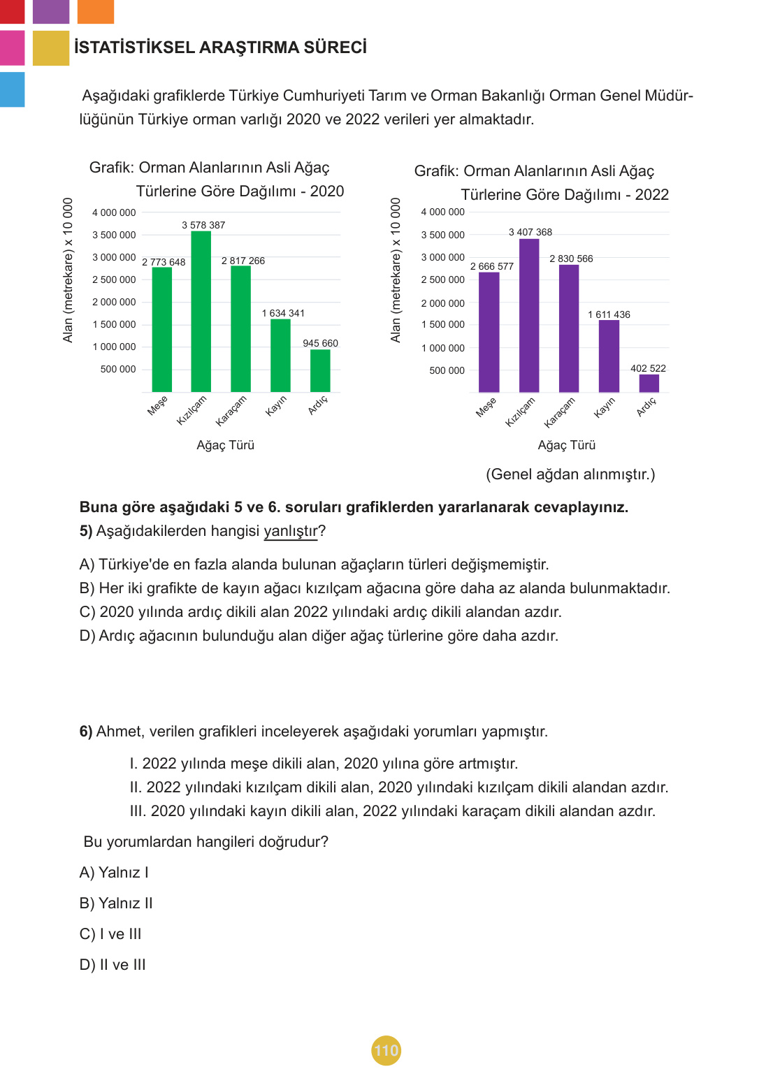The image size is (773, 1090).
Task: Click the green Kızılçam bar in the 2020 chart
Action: point(201,311)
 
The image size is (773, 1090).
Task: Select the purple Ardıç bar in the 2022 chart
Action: point(649,383)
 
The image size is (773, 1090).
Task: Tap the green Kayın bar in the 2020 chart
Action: point(280,355)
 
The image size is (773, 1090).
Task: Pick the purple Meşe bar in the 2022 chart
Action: point(489,332)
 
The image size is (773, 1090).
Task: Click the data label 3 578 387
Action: point(203,225)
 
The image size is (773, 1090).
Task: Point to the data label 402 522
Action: point(648,368)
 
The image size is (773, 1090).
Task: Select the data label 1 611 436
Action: point(609,314)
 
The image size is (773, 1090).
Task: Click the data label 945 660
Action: point(320,343)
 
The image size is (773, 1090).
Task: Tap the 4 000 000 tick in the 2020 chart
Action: point(114,212)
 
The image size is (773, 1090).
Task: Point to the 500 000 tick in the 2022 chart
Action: point(447,370)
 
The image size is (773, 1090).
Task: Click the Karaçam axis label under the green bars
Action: point(231,411)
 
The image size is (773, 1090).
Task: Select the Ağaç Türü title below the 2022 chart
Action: point(566,445)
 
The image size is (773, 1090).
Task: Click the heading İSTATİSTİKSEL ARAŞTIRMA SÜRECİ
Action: point(220,48)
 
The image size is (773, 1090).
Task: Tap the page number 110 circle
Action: point(386,1050)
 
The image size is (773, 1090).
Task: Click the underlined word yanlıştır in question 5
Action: point(290,531)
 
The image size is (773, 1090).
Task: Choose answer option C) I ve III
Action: point(110,934)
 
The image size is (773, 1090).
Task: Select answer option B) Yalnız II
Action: point(116,903)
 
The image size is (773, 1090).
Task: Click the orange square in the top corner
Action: point(95,11)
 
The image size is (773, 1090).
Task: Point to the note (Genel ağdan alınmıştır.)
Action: point(570,474)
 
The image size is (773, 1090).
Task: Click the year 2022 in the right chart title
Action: point(651,195)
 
